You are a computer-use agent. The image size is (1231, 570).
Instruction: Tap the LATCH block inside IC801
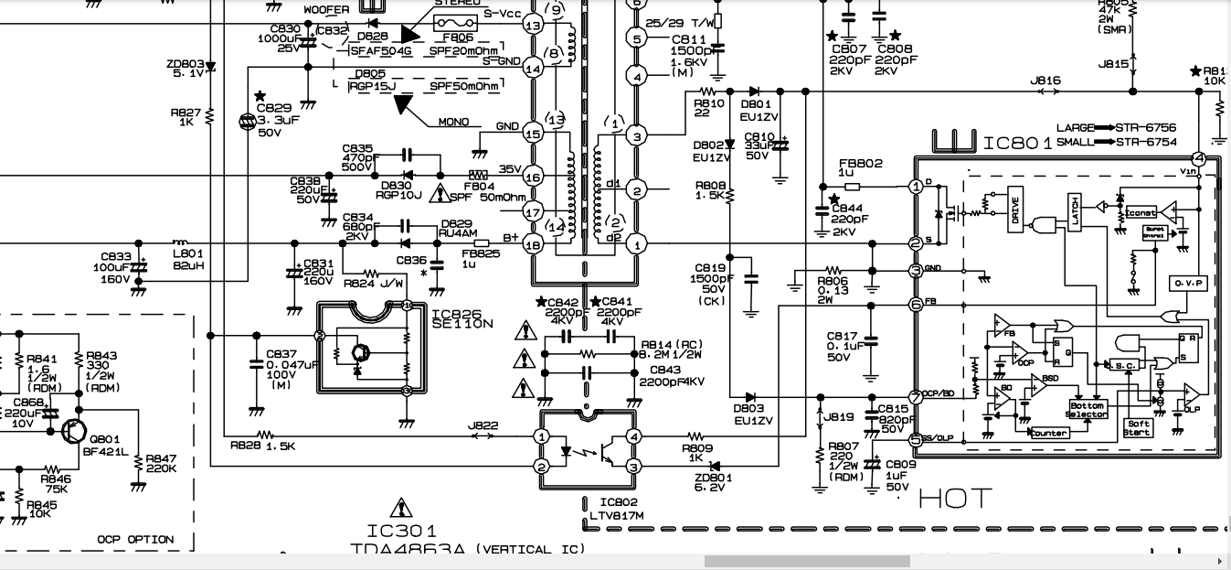1076,211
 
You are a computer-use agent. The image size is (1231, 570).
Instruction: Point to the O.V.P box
1188,284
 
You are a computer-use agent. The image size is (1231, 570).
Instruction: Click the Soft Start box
1138,427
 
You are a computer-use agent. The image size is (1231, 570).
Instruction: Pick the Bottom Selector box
1087,410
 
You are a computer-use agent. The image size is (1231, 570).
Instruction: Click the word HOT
955,499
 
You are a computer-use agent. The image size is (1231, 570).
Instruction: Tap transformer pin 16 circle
533,244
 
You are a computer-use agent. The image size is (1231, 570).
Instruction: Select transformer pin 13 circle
533,26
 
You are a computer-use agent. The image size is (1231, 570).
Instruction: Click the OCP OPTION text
135,540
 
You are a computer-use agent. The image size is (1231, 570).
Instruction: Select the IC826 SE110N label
462,318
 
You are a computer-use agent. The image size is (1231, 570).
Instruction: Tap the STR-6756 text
1146,128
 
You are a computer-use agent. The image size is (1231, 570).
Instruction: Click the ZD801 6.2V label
713,482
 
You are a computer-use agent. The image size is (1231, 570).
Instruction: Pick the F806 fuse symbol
452,22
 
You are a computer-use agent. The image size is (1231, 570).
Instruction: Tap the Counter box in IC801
1048,433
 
